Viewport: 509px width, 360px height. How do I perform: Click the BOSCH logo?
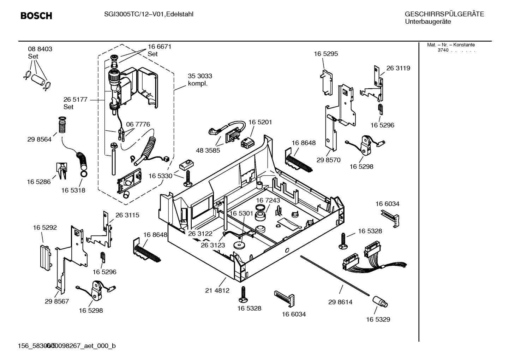point(36,16)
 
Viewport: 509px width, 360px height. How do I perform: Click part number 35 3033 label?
point(200,76)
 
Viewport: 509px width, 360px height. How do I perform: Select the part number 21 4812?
point(217,290)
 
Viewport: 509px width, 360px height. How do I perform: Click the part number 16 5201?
point(260,122)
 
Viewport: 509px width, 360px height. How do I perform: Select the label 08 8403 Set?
point(40,52)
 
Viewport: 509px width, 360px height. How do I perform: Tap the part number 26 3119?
point(398,68)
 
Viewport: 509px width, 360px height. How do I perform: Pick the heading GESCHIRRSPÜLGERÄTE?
point(444,14)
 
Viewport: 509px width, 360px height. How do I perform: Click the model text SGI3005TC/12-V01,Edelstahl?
point(144,14)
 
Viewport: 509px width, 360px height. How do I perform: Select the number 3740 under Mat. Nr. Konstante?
point(443,50)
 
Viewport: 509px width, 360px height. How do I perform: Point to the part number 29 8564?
point(39,139)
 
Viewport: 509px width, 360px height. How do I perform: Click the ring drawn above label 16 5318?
point(84,174)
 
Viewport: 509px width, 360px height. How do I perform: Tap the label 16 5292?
point(45,228)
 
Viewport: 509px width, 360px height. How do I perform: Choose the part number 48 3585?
point(208,150)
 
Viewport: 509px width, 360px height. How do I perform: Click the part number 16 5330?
point(160,176)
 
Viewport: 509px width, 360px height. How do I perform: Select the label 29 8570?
point(328,160)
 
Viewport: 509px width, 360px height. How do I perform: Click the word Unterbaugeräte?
point(428,22)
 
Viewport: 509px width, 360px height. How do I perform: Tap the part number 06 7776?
point(138,124)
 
